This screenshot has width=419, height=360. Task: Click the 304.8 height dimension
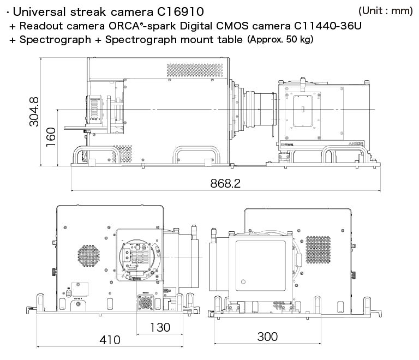pos(34,112)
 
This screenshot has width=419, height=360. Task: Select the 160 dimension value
pos(51,137)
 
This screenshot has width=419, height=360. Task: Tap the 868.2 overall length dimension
pos(225,183)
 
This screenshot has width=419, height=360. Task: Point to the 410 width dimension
pos(110,339)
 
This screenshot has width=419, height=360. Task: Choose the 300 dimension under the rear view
pos(267,337)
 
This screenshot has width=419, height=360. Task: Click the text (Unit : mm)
pos(385,11)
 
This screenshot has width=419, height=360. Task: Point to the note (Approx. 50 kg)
pos(280,39)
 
